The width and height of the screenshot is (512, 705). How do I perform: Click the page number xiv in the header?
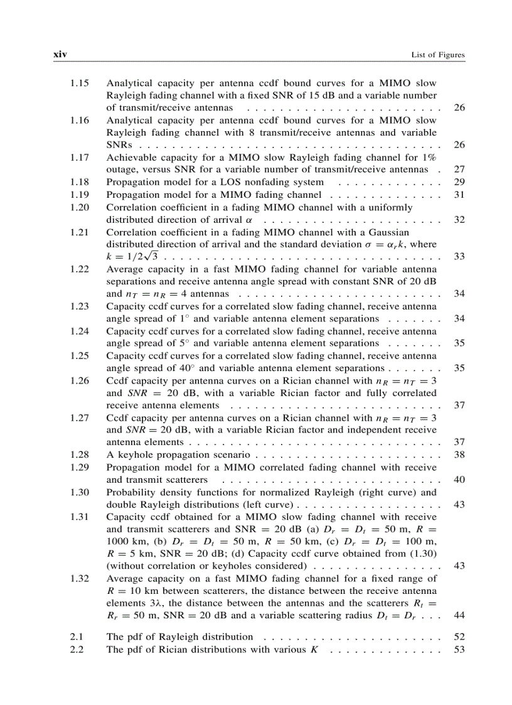point(60,55)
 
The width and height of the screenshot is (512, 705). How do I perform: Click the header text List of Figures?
point(438,55)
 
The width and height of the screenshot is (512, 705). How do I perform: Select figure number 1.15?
point(79,83)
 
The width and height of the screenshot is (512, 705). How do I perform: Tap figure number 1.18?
point(79,182)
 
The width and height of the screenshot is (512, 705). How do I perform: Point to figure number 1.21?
point(79,232)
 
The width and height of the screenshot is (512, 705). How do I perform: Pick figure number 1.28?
point(79,455)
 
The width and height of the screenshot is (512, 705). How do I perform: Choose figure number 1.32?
point(79,578)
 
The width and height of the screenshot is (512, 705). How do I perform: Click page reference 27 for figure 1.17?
point(459,170)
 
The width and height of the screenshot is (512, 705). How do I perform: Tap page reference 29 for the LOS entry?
point(459,182)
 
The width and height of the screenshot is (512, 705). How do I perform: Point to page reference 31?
point(459,195)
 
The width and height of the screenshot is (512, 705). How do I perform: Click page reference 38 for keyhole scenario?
point(459,455)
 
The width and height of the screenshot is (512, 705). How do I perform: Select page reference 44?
point(459,615)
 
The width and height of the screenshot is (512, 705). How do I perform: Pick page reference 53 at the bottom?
point(459,649)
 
